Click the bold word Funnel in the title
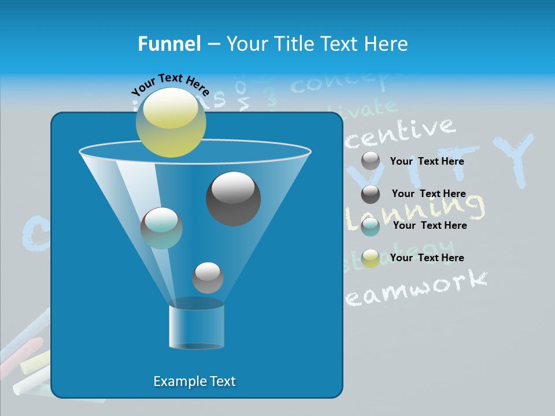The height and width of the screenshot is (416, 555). [169, 44]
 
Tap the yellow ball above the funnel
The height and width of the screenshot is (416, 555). [171, 122]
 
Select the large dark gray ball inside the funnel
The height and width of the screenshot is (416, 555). [233, 198]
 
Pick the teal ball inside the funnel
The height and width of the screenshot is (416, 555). [161, 228]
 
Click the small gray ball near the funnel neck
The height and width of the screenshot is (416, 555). [208, 277]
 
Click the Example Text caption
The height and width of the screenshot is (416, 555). [194, 381]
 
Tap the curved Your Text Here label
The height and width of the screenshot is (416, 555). [169, 84]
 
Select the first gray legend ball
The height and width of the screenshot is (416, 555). [371, 161]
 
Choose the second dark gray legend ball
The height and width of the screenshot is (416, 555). [371, 194]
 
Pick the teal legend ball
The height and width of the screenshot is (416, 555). [371, 226]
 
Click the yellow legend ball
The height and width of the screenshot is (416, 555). [371, 258]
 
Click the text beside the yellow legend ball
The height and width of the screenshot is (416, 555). [427, 258]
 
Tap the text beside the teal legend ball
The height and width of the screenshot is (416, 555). [430, 225]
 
